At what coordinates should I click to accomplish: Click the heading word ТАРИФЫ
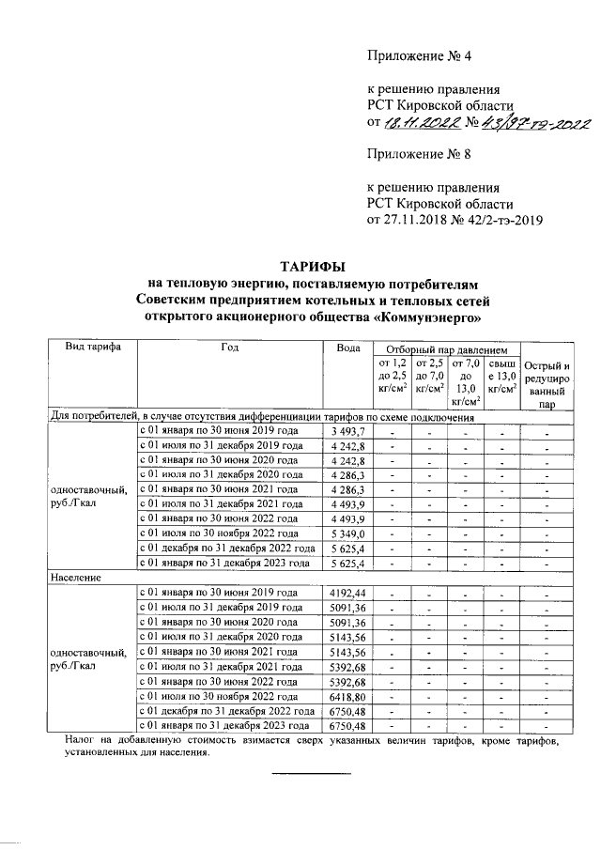click(x=315, y=265)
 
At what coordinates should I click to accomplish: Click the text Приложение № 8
click(x=418, y=155)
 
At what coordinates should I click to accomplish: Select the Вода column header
click(x=348, y=348)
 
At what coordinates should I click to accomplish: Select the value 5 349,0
click(x=348, y=533)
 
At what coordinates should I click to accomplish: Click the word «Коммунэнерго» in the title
click(x=428, y=317)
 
